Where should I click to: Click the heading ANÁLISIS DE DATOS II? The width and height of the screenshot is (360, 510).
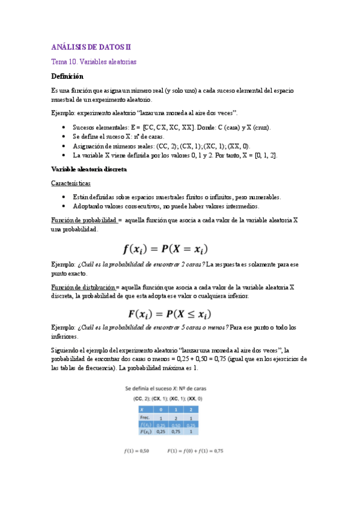(90, 46)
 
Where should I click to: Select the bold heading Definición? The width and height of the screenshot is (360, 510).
(67, 76)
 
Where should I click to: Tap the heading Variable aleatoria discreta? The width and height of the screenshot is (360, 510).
(89, 170)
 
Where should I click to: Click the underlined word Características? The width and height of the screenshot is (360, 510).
(71, 183)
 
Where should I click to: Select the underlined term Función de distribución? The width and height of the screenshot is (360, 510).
(84, 287)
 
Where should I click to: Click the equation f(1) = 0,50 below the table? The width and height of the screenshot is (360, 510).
(136, 450)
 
